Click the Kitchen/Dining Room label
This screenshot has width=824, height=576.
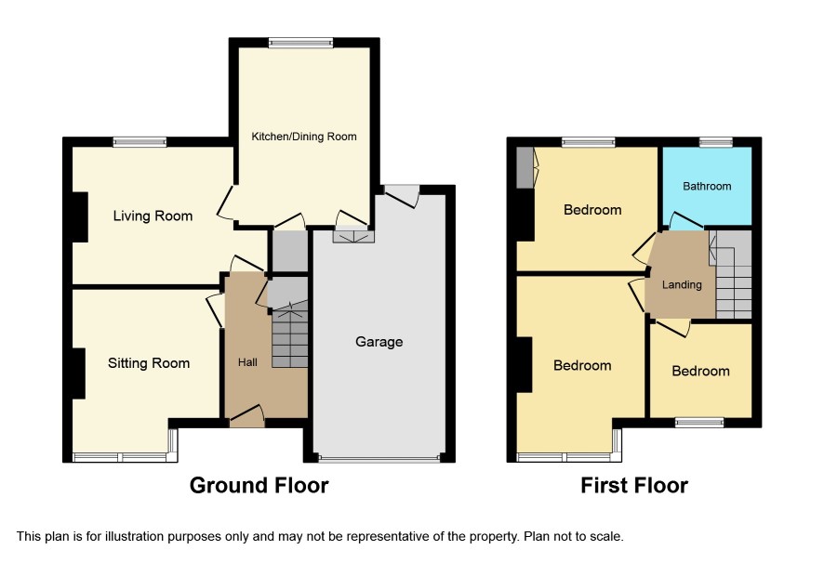pyautogui.click(x=304, y=137)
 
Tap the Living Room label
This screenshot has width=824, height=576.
pyautogui.click(x=153, y=216)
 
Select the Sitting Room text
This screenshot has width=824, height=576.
pyautogui.click(x=149, y=363)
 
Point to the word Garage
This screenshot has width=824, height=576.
pyautogui.click(x=379, y=342)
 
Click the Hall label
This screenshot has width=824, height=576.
pyautogui.click(x=247, y=362)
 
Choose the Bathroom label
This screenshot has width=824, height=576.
pyautogui.click(x=707, y=187)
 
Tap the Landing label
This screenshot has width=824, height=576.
pyautogui.click(x=682, y=285)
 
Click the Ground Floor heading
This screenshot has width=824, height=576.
pyautogui.click(x=259, y=486)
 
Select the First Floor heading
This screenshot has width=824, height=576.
pyautogui.click(x=634, y=486)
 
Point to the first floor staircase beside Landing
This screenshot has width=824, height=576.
pyautogui.click(x=733, y=275)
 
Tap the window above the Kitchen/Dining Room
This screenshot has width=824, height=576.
pyautogui.click(x=300, y=43)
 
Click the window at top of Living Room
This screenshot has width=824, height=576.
pyautogui.click(x=140, y=142)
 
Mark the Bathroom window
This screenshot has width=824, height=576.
pyautogui.click(x=716, y=142)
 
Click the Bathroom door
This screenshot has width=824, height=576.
pyautogui.click(x=685, y=222)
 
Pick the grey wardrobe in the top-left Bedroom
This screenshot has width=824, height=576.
pyautogui.click(x=525, y=167)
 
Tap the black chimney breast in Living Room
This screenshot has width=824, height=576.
pyautogui.click(x=79, y=217)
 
